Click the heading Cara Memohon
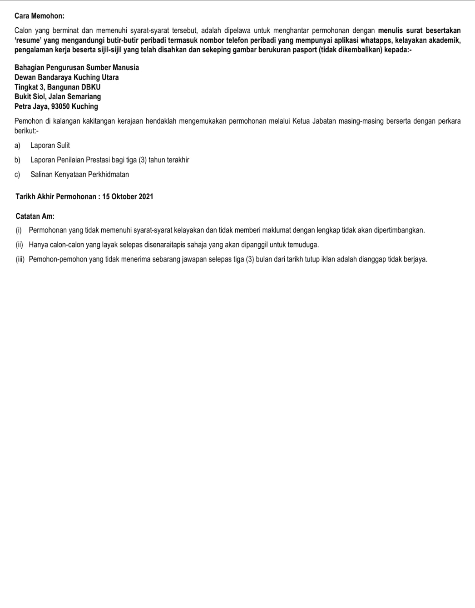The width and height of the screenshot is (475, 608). click(39, 16)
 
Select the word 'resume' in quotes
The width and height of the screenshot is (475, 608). click(28, 40)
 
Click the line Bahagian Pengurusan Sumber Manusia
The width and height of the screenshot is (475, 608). click(77, 67)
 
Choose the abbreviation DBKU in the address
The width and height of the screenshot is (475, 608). click(91, 87)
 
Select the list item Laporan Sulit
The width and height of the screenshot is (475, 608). click(50, 146)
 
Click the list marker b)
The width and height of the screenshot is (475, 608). click(17, 160)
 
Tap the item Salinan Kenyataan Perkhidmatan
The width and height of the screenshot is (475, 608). click(79, 175)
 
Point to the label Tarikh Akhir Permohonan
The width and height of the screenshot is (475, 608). click(56, 197)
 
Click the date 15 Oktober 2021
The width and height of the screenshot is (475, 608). click(128, 197)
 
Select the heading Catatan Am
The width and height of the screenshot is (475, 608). click(35, 216)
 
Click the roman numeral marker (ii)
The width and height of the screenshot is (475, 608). click(19, 245)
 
